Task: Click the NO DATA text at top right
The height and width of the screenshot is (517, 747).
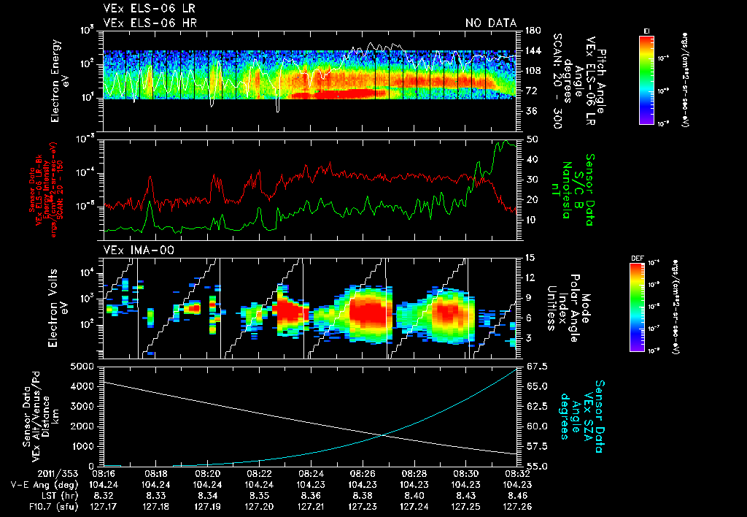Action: (x=490, y=23)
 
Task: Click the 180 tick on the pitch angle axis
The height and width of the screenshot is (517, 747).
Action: (x=531, y=31)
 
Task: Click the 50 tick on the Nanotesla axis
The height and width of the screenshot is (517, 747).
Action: (x=532, y=139)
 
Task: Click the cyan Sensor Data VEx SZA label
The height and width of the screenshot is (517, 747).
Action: (x=589, y=413)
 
